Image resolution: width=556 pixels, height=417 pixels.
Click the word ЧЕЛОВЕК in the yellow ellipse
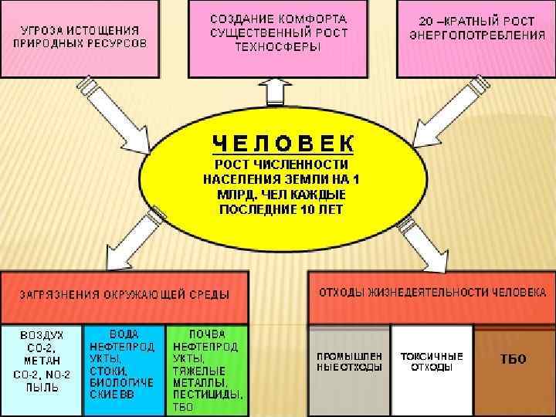(283, 144)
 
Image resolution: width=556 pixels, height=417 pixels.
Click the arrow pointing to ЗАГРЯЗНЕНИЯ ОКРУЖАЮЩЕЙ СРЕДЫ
(139, 236)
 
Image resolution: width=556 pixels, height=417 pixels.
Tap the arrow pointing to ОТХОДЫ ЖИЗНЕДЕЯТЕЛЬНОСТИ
(422, 240)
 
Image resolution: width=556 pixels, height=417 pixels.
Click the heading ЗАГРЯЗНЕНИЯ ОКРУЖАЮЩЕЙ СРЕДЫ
(124, 295)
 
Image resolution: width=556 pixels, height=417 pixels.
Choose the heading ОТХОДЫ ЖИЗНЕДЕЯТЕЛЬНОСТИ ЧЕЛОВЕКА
(432, 293)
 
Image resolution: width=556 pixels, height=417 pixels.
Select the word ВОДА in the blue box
(124, 334)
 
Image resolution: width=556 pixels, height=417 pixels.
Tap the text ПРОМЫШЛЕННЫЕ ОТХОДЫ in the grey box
(349, 361)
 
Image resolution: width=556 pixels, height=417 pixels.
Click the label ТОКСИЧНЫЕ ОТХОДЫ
(432, 361)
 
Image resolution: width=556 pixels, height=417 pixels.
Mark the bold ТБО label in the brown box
(513, 359)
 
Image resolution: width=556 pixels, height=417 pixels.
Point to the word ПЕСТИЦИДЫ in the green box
(207, 394)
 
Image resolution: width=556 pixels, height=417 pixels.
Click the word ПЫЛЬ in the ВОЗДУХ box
(42, 387)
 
